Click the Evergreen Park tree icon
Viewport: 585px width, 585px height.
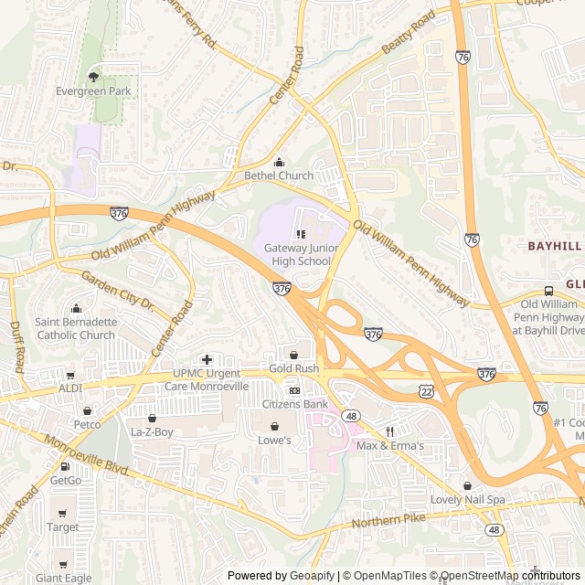click(x=93, y=77)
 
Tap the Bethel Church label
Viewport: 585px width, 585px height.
click(x=278, y=175)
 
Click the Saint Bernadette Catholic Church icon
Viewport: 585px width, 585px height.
click(x=76, y=308)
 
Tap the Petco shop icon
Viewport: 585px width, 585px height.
click(x=88, y=411)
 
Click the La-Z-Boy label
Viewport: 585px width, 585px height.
click(x=152, y=431)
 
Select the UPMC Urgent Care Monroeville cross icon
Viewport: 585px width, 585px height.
click(x=207, y=359)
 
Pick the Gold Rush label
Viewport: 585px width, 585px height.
click(x=293, y=368)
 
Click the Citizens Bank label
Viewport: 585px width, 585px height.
click(x=294, y=404)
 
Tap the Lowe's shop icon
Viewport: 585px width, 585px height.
click(x=273, y=426)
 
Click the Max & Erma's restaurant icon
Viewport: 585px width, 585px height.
click(x=389, y=431)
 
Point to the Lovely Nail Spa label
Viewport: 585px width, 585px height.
click(x=467, y=500)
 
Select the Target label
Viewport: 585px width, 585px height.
click(x=62, y=527)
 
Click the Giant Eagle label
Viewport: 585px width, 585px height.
click(x=63, y=578)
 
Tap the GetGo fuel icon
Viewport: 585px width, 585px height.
click(x=65, y=466)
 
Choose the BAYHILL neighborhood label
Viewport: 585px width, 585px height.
click(x=554, y=247)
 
